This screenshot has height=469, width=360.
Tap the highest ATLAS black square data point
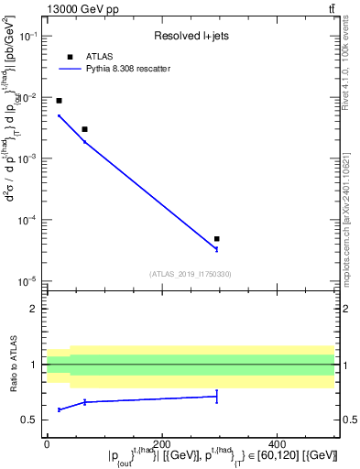click(60, 101)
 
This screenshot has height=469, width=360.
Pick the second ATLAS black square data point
click(84, 129)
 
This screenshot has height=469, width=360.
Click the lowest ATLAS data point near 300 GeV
click(216, 238)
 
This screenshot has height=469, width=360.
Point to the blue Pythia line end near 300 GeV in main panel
click(216, 248)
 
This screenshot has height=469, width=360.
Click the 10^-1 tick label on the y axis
click(27, 36)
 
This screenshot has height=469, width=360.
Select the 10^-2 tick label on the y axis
click(27, 97)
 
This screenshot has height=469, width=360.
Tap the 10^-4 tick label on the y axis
click(27, 220)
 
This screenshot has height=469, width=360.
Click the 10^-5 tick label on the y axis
click(27, 280)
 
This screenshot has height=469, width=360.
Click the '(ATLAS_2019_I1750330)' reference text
click(191, 273)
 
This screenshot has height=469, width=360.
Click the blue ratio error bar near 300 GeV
click(216, 396)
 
